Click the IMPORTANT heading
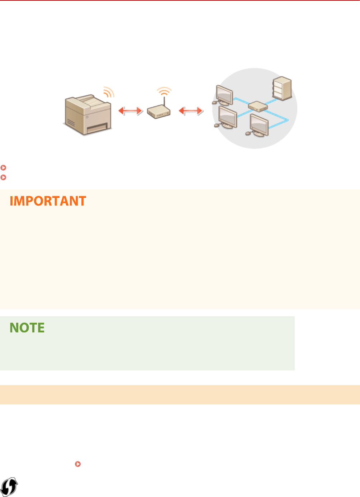click(48, 201)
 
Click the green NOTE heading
click(27, 328)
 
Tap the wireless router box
click(158, 112)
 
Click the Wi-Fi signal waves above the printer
click(109, 92)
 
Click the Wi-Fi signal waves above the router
click(164, 90)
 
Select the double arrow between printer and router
click(131, 111)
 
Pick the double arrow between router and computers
click(191, 111)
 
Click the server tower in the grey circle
click(282, 88)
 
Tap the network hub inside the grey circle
click(258, 106)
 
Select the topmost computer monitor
click(225, 94)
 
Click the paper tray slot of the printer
click(96, 127)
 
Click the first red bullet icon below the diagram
click(3, 167)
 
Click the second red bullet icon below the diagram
click(3, 177)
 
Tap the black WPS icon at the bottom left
click(9, 487)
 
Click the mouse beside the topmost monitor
click(214, 103)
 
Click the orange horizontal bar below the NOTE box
click(180, 395)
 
